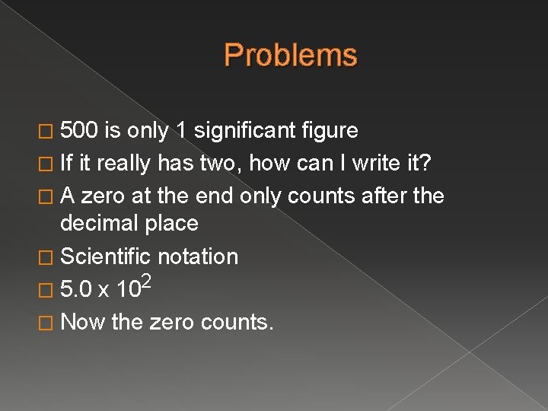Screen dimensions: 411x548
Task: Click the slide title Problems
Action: tap(291, 56)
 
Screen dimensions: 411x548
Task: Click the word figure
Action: tap(330, 131)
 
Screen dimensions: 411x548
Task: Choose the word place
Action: tap(174, 223)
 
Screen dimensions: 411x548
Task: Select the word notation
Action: tap(197, 256)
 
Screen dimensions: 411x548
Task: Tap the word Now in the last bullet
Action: tap(82, 322)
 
